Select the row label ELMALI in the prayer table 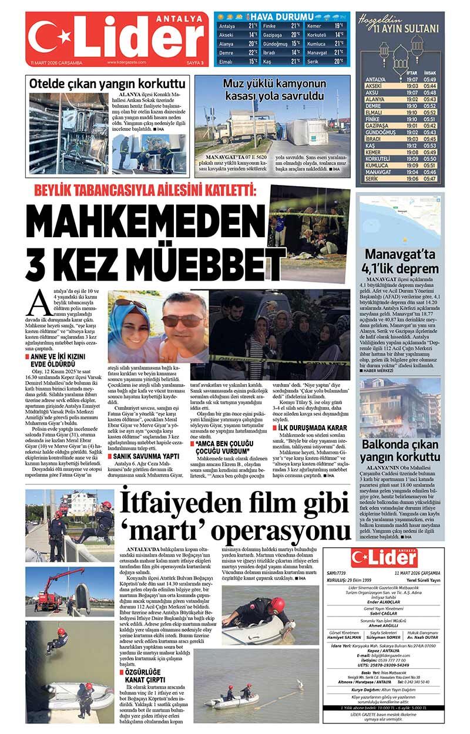click(374, 112)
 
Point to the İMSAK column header click(430, 73)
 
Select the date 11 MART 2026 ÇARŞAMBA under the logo click(56, 62)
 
